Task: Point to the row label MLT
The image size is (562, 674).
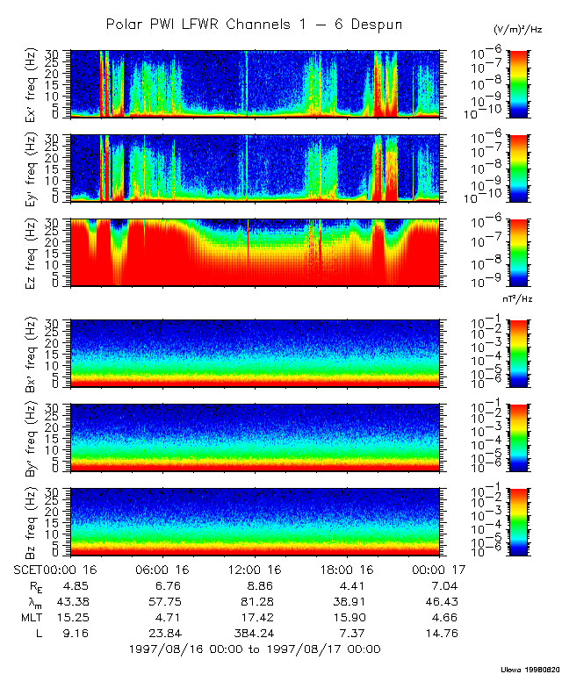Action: click(x=34, y=616)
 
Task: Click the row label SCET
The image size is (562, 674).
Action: click(x=29, y=569)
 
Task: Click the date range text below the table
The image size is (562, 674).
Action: click(x=254, y=649)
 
